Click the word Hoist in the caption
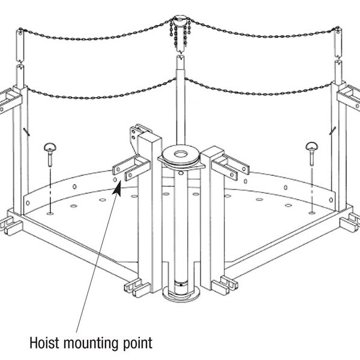click(46, 343)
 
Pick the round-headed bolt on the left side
click(50, 148)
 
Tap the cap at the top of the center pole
click(179, 19)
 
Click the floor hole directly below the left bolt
click(50, 211)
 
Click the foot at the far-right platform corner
click(348, 226)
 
